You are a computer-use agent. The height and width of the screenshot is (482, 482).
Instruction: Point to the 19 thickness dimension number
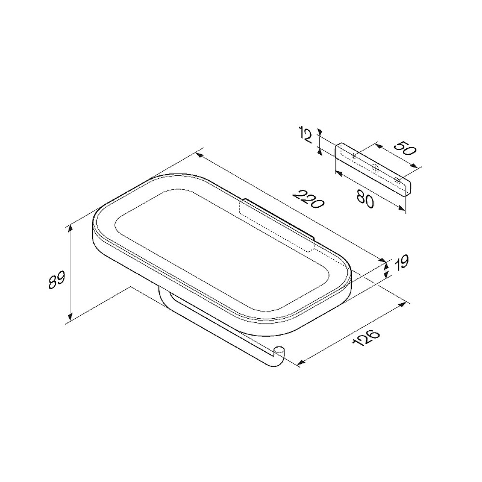(x=401, y=263)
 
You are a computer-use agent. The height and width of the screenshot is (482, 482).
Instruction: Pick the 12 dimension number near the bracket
(x=305, y=136)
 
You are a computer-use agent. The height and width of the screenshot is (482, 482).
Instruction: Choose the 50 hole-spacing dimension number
(x=405, y=148)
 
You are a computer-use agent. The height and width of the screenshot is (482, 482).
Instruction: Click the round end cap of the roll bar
(x=280, y=351)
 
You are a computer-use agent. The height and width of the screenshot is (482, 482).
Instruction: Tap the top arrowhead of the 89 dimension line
(x=70, y=229)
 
